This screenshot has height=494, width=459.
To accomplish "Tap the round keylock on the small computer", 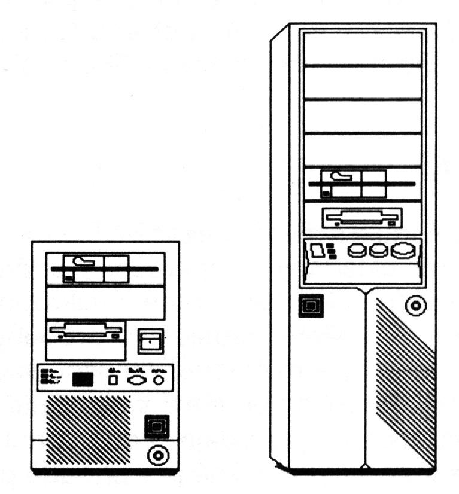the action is pyautogui.click(x=157, y=456).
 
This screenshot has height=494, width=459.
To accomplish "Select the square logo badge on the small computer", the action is pyautogui.click(x=157, y=426).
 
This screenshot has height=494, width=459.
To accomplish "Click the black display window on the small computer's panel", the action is pyautogui.click(x=83, y=379).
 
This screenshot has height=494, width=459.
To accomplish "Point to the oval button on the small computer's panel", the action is pyautogui.click(x=136, y=379).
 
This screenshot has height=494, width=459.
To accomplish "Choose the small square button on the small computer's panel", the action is pyautogui.click(x=113, y=380).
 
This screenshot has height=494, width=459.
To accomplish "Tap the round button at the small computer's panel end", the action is pyautogui.click(x=157, y=379).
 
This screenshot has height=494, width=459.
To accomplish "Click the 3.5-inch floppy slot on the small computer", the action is pyautogui.click(x=86, y=331).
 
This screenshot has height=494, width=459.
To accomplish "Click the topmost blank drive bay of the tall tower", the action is pyautogui.click(x=363, y=48).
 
